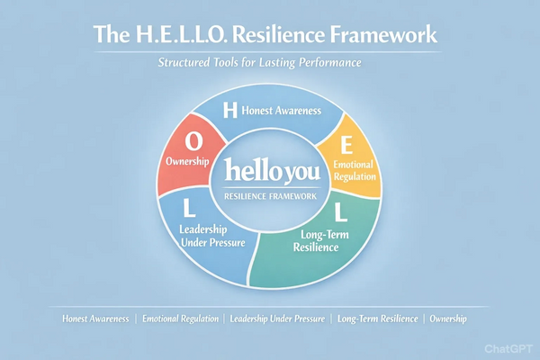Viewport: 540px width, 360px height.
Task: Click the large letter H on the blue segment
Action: (229, 111)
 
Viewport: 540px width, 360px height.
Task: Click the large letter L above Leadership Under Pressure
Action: (188, 209)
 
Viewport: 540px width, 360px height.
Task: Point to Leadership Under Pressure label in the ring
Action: (208, 236)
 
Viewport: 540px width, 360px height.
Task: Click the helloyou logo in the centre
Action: (270, 170)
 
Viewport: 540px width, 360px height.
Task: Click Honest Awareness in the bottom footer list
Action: (97, 319)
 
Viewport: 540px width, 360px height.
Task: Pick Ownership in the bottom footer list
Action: (448, 319)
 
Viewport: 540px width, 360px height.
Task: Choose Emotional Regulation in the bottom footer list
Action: (180, 319)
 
